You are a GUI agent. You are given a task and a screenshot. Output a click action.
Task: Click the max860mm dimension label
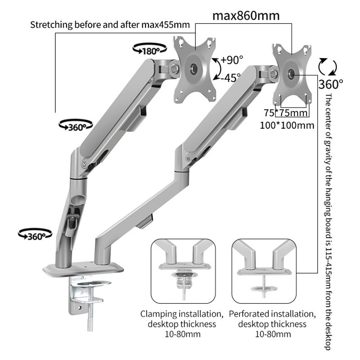pyautogui.click(x=246, y=16)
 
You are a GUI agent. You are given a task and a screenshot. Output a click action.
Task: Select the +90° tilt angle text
pyautogui.click(x=232, y=59)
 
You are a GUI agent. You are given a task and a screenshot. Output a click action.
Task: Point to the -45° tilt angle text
pyautogui.click(x=231, y=77)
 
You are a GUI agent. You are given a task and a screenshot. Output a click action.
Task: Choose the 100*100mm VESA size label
pyautogui.click(x=287, y=126)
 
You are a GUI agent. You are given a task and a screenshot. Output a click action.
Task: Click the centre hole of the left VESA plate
pyautogui.click(x=194, y=68)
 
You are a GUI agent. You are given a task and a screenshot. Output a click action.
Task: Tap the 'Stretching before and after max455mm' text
pyautogui.click(x=110, y=24)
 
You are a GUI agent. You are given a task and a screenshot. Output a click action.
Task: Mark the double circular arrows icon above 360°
pyautogui.click(x=327, y=67)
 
